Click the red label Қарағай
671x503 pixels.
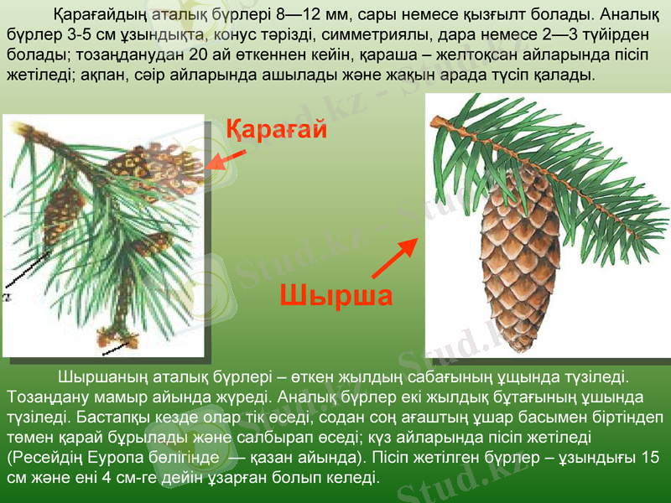coord(276,131)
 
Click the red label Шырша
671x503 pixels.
coord(335,296)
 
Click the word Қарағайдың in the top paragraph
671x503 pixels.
coord(96,15)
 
